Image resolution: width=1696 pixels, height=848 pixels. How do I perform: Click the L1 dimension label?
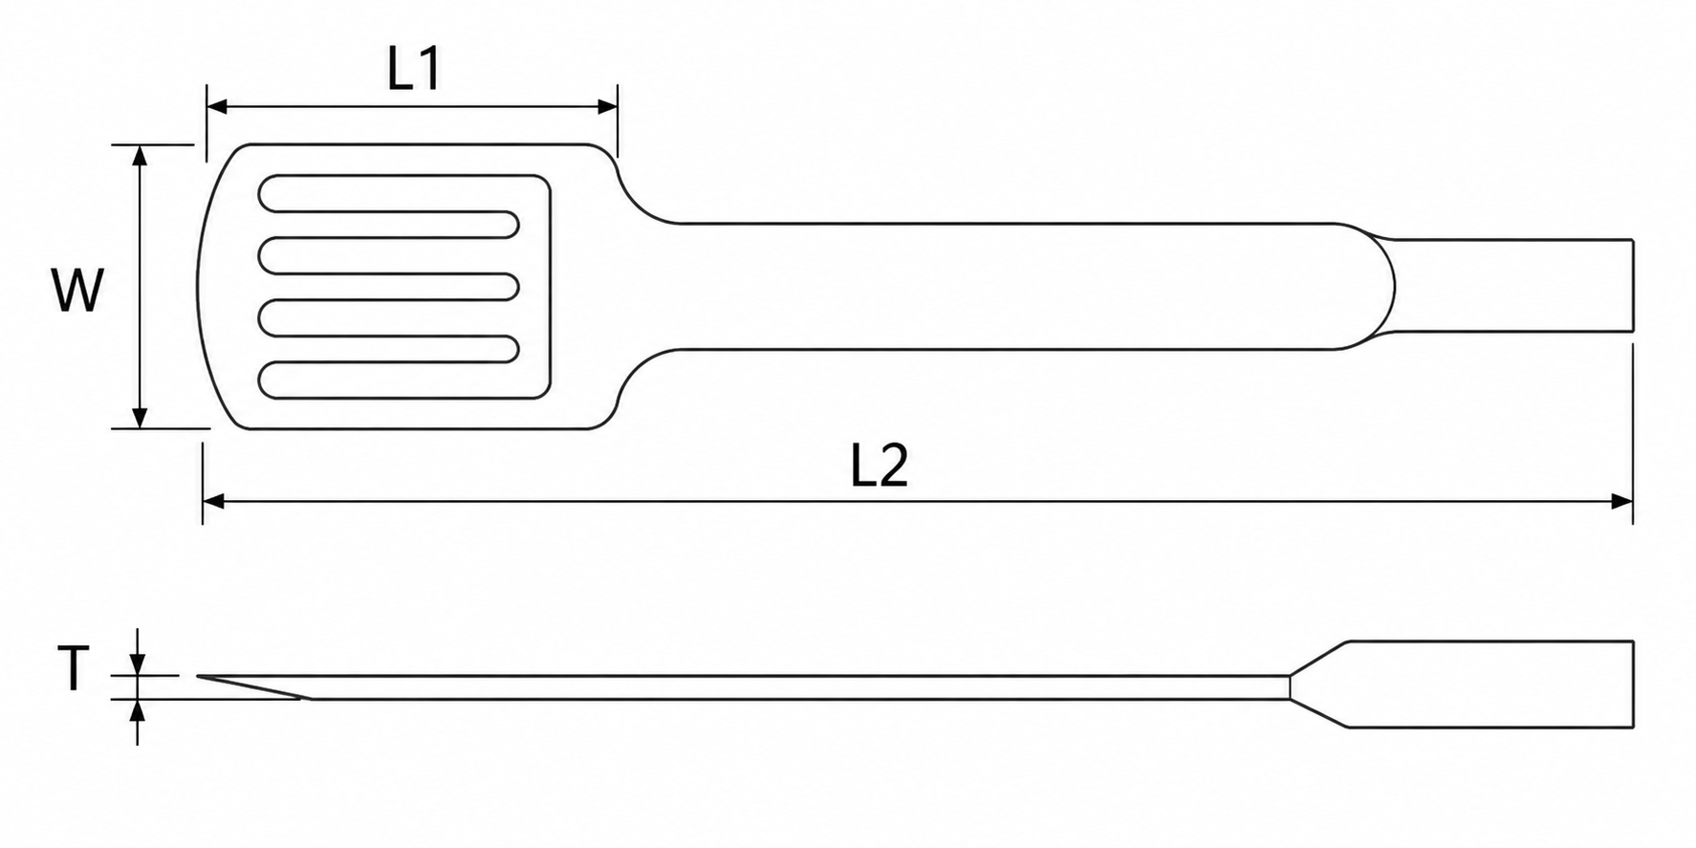tap(414, 69)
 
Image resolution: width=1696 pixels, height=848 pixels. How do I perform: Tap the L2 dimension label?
tap(880, 466)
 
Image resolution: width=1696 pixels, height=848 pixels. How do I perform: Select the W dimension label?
tap(76, 291)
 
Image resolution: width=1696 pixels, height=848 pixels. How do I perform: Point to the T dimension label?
tap(74, 667)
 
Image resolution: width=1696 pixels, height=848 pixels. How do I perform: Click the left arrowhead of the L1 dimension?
tap(217, 106)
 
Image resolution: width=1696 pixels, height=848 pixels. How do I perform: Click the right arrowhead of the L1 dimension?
tap(606, 106)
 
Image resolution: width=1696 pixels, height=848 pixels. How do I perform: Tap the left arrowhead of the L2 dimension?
tap(213, 501)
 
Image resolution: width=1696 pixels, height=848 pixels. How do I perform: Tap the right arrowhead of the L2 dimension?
tap(1621, 501)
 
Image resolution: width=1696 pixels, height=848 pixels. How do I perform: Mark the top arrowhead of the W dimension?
tap(140, 156)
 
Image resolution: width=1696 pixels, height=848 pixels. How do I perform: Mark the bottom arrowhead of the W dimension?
tap(140, 417)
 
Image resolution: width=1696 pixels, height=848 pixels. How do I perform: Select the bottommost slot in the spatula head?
tap(389, 380)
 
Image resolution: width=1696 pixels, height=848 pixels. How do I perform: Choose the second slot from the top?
tap(389, 255)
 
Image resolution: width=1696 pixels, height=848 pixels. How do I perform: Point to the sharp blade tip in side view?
tap(199, 677)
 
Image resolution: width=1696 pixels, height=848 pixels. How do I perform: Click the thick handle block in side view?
tap(1489, 684)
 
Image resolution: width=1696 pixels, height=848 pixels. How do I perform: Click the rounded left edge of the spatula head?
tap(200, 286)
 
